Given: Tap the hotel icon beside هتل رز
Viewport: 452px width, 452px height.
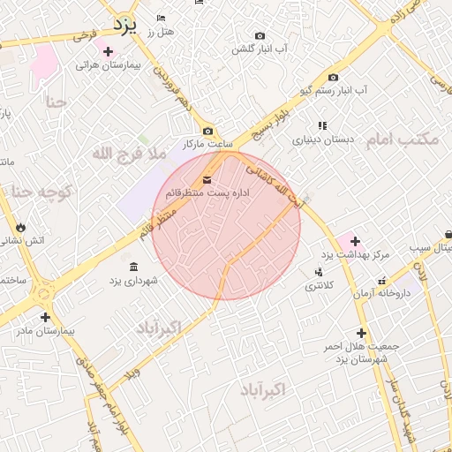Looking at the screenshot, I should click(x=160, y=19).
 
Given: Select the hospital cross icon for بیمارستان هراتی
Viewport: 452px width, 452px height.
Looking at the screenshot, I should click(x=108, y=51).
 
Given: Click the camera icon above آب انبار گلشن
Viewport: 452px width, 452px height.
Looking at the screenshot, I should click(x=260, y=36).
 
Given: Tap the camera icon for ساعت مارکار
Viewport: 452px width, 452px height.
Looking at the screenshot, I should click(x=207, y=131).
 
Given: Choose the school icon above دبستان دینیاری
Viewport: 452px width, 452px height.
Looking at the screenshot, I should click(x=322, y=125).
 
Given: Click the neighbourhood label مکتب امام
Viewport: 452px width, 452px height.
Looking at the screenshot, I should click(x=405, y=139).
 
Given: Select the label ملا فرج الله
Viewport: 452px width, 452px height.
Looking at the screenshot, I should click(x=129, y=154).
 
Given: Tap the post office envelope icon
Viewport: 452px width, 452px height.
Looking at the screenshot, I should click(x=207, y=179).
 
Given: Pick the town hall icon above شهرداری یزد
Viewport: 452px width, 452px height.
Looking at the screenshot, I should click(x=133, y=267).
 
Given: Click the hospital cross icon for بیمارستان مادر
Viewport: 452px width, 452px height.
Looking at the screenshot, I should click(x=45, y=317).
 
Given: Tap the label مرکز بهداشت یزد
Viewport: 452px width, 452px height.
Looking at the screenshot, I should click(x=354, y=255).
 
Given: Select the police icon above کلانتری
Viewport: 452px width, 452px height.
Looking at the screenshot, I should click(x=318, y=272).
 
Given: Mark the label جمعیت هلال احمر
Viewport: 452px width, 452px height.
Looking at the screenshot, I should click(x=361, y=346).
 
